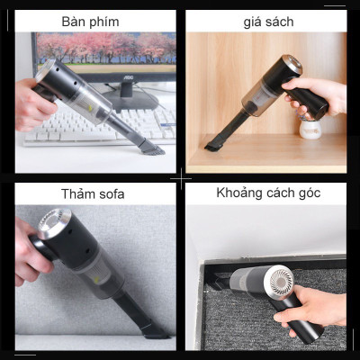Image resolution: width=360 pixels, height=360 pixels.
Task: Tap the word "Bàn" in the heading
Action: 76,20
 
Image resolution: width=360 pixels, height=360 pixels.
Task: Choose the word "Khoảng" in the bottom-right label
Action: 242,193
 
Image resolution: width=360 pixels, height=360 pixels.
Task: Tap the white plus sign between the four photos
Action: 180,179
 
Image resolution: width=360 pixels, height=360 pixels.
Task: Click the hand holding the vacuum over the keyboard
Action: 30,103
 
